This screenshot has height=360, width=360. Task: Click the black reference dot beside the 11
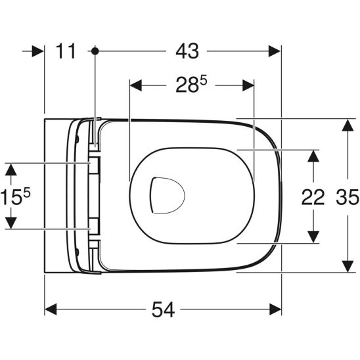pos(97,51)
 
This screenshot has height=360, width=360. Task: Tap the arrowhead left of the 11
pos(37,51)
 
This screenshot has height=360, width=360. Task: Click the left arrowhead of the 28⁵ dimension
pos(136,84)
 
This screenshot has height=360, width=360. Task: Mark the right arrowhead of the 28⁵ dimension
pos(248,84)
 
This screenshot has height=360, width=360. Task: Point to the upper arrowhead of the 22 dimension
pos(315,156)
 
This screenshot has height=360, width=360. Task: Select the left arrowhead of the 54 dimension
pos(51,309)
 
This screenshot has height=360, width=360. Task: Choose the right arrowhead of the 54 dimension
pos(274,309)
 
